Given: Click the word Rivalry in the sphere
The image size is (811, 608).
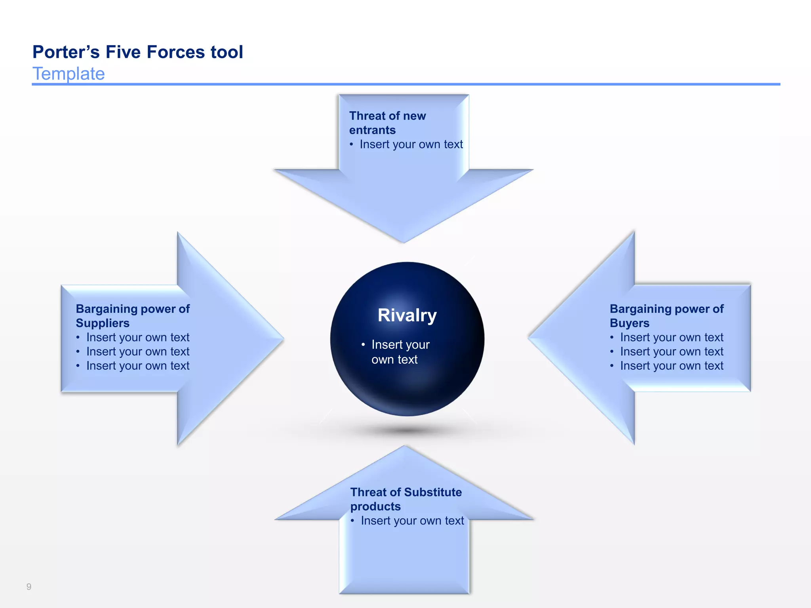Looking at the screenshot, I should [x=407, y=315].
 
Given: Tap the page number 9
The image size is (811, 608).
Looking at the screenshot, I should [x=29, y=587].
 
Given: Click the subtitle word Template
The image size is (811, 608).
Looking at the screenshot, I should [x=69, y=74].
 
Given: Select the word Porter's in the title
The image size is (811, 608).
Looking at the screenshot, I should [x=66, y=52].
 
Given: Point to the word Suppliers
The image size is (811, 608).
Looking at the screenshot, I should [x=103, y=323].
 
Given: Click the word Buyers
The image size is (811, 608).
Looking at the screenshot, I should [x=629, y=323].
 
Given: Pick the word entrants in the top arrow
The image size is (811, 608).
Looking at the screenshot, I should [x=372, y=130].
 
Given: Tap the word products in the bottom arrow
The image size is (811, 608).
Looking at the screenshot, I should [x=375, y=506].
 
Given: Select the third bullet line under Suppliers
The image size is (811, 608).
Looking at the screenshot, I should [x=137, y=366].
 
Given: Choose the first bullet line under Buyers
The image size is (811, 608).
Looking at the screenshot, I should [x=671, y=337].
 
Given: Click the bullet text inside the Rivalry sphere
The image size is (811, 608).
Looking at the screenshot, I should [x=400, y=352].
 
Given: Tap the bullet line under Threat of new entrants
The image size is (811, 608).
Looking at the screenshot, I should [x=411, y=144].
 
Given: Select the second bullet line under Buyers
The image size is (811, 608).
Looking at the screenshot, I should [x=671, y=351].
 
